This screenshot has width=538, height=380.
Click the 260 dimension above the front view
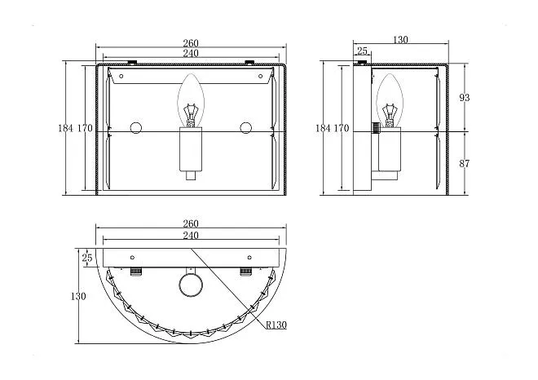click(x=191, y=43)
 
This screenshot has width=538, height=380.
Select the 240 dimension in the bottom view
click(x=191, y=236)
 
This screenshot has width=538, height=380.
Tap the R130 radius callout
click(x=276, y=325)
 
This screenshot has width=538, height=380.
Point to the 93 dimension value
click(x=465, y=98)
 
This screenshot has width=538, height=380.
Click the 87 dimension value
click(x=465, y=164)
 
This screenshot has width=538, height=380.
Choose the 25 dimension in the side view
click(x=362, y=51)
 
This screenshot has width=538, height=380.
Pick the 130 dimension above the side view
click(x=400, y=40)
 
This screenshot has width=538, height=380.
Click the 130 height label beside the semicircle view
click(x=78, y=296)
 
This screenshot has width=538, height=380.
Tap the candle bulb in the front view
click(x=191, y=100)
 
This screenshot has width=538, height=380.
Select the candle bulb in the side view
click(x=390, y=100)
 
